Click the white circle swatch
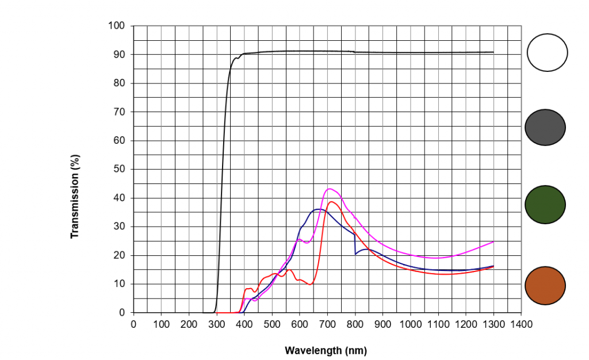point(547,52)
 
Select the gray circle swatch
point(545,128)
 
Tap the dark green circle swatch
point(545,205)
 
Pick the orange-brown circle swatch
point(545,285)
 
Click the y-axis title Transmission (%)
point(74,196)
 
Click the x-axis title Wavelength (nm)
point(326,350)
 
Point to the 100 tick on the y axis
point(116,26)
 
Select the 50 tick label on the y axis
point(118,169)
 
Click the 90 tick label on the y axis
point(118,55)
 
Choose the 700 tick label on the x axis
point(327,324)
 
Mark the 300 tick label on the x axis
point(216,324)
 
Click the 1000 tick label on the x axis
point(410,324)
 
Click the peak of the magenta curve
point(330,189)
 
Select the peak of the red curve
point(331,201)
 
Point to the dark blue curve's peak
point(319,209)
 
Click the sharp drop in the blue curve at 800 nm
point(355,244)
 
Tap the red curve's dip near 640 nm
point(310,284)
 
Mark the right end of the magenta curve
point(493,242)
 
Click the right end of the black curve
point(493,52)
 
